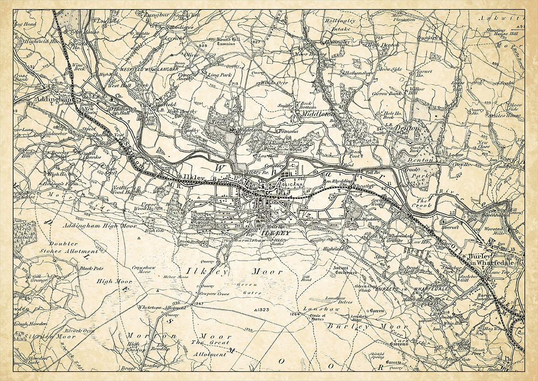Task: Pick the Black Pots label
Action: tap(91, 268)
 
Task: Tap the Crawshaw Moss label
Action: tap(144, 270)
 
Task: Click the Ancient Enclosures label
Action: tap(346, 270)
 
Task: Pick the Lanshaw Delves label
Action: tap(334, 301)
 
